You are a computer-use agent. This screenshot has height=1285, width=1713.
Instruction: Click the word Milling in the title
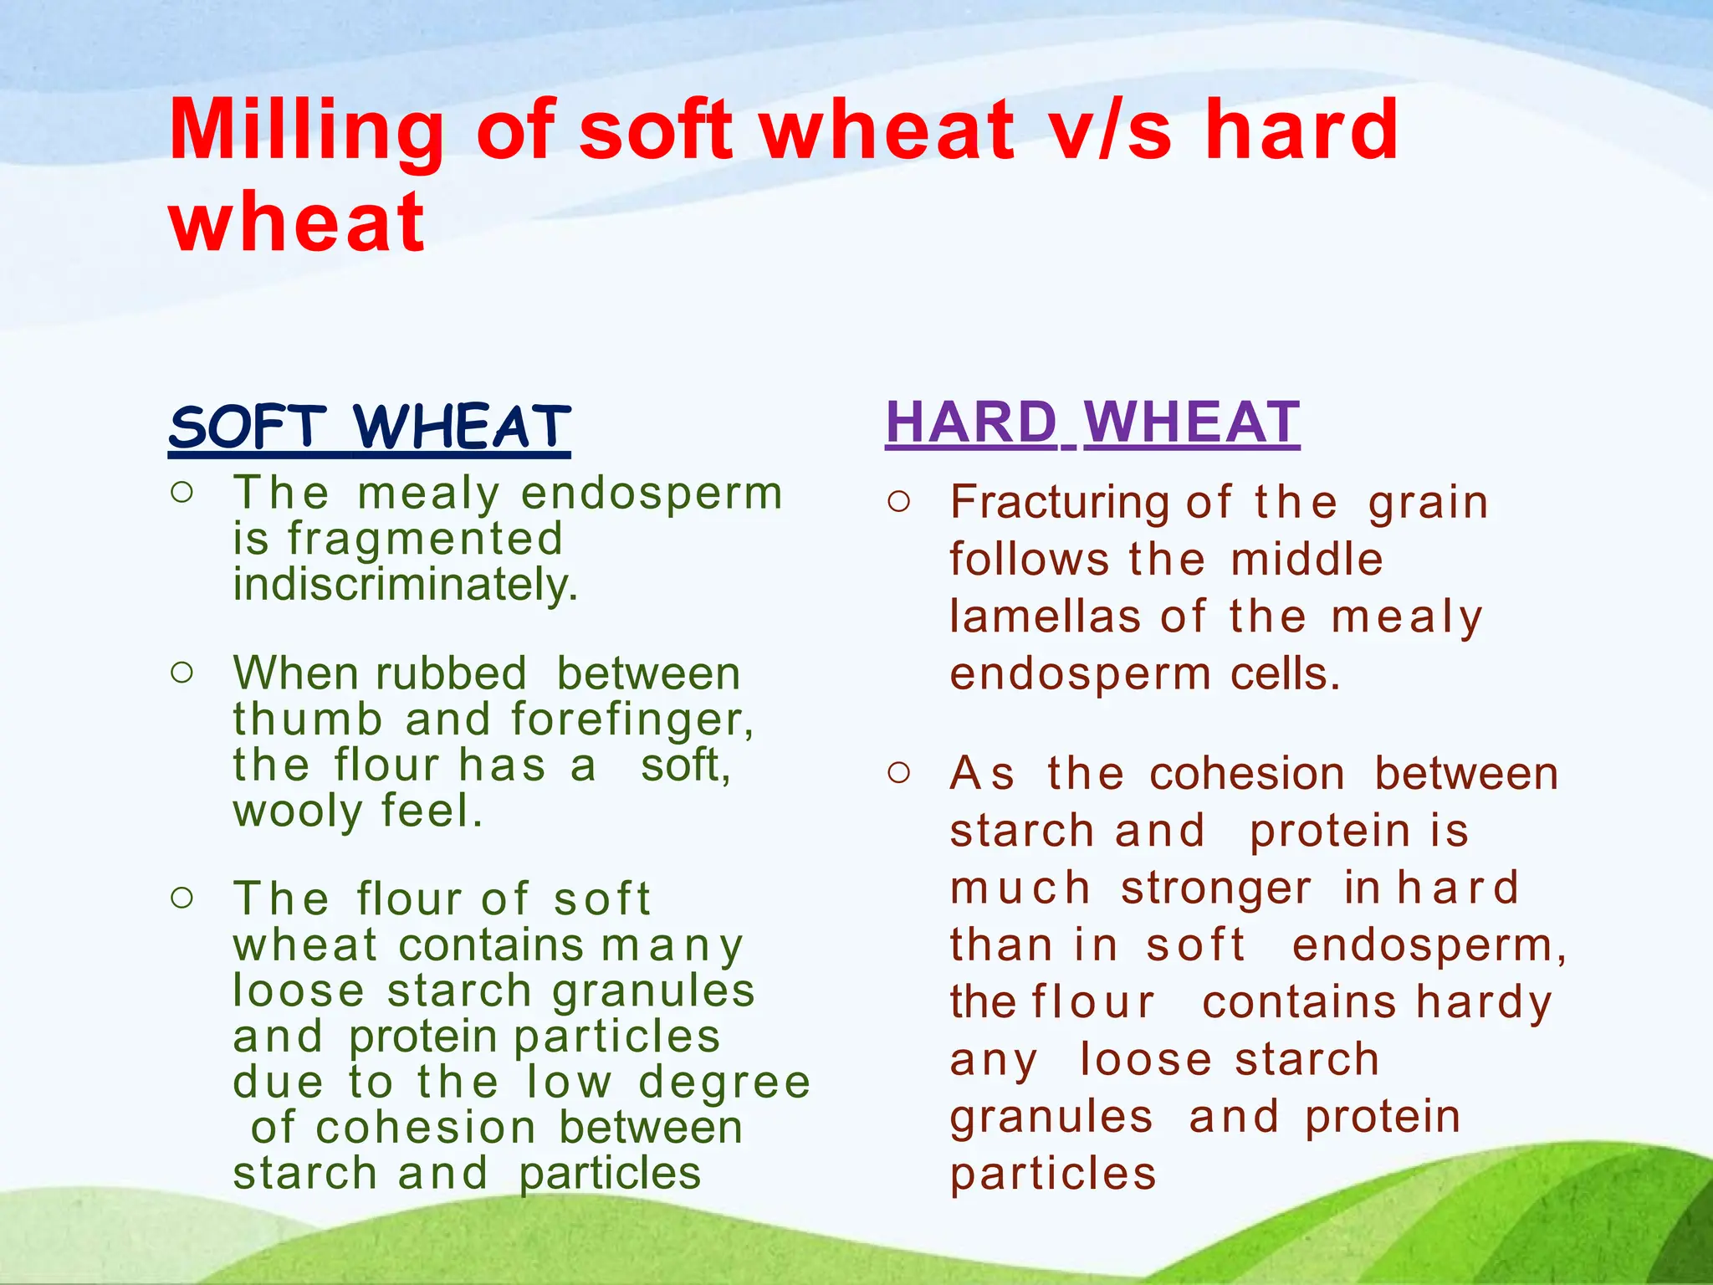click(x=306, y=130)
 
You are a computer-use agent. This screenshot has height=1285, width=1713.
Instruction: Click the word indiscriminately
click(x=406, y=584)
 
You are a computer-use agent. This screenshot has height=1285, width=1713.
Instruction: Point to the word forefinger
click(x=632, y=719)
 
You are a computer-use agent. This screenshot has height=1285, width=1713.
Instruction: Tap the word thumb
click(x=308, y=719)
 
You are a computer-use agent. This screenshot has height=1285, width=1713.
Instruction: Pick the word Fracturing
click(x=1059, y=503)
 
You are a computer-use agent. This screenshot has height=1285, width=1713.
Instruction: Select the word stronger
click(x=1217, y=888)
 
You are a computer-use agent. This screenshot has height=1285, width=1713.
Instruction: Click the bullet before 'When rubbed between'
click(x=182, y=672)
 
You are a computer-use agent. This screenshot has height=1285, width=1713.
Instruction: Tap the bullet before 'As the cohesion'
click(x=899, y=772)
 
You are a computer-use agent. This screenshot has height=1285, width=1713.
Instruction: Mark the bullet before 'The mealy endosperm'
click(x=182, y=492)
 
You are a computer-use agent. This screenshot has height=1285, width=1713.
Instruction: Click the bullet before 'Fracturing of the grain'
click(x=899, y=502)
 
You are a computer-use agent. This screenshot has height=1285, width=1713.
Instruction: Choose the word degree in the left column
click(x=724, y=1083)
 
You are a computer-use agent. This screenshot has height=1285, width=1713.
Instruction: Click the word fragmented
click(x=426, y=539)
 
